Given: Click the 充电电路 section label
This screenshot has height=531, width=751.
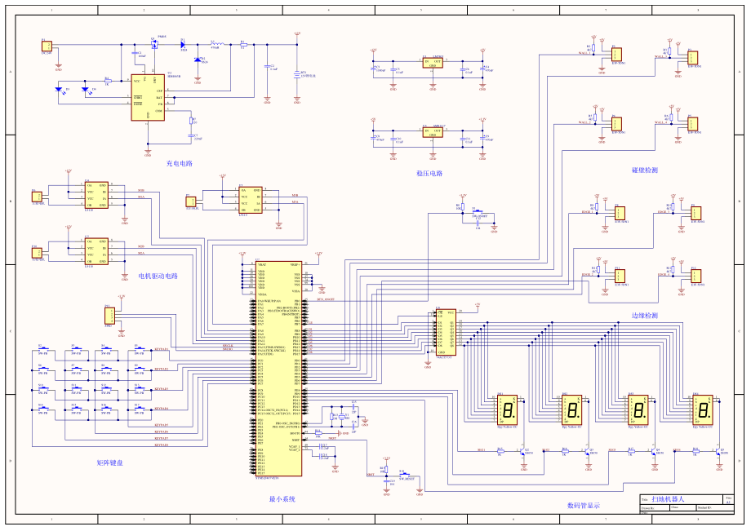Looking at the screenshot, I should [179, 163].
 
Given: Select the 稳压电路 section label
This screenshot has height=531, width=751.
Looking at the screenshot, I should [429, 173].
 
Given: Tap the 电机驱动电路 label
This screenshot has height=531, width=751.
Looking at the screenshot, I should [158, 276].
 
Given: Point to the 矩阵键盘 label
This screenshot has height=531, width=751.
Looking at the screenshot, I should [109, 462].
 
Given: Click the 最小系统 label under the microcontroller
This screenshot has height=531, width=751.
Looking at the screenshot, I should [282, 498].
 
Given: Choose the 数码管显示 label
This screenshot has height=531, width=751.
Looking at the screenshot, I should [584, 505].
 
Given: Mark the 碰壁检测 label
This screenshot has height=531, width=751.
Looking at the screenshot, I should [645, 170].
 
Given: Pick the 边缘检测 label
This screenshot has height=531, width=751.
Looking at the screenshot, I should [645, 315].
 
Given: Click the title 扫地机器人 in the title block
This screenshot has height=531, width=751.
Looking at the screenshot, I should [673, 498].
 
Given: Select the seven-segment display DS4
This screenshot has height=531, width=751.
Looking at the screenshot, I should [704, 409].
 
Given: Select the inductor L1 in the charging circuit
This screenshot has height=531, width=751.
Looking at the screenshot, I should [216, 44].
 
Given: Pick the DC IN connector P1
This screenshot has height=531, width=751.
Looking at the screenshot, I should [47, 46].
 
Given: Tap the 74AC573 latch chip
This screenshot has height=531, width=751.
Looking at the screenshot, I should [445, 331].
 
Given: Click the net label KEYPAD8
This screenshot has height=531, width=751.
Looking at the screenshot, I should [161, 445].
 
